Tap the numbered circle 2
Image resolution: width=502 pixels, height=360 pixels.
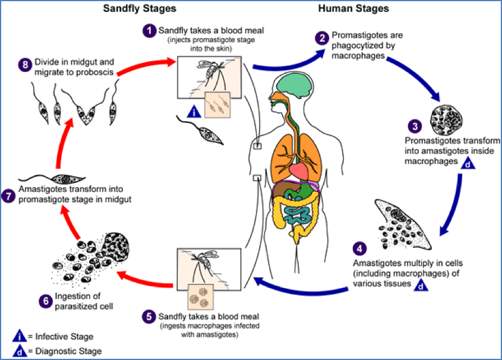322,39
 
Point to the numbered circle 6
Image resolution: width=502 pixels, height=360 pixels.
46,301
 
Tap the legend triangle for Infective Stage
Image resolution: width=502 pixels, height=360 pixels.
20,337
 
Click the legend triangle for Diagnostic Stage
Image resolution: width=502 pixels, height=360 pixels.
20,350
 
